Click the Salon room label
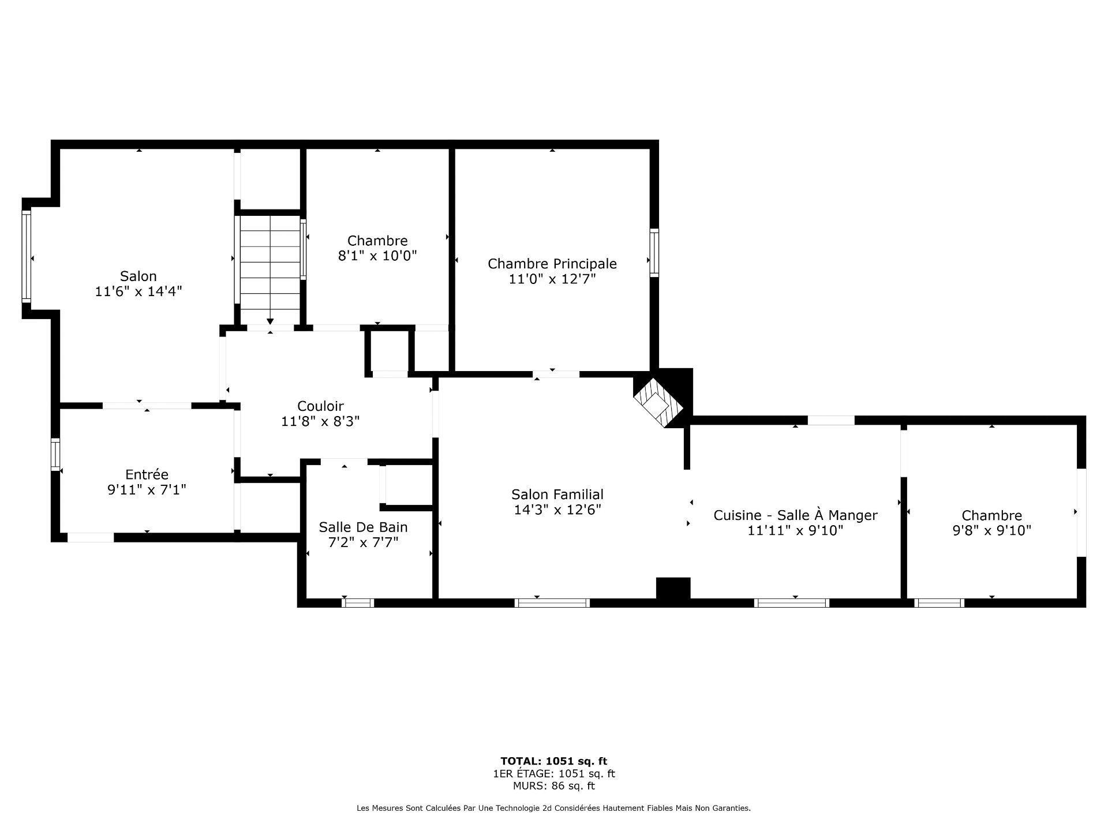pos(138,276)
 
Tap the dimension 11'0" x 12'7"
pos(552,279)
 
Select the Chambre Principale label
pos(552,264)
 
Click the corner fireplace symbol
pos(658,400)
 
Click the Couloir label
pos(320,406)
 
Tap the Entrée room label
pos(147,474)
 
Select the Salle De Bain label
pos(363,527)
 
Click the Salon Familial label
pos(557,495)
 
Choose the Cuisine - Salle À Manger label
pos(795,515)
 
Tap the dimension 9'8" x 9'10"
pos(991,530)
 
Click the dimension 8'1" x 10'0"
pos(377,256)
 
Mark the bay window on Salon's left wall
pos(26,256)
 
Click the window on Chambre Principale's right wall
pos(654,252)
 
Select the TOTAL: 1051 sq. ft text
pos(553,761)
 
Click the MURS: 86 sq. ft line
pos(553,786)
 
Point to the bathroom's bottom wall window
pos(358,603)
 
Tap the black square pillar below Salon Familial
pos(673,589)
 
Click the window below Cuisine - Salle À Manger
pos(791,603)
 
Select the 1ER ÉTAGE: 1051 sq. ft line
pos(553,774)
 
